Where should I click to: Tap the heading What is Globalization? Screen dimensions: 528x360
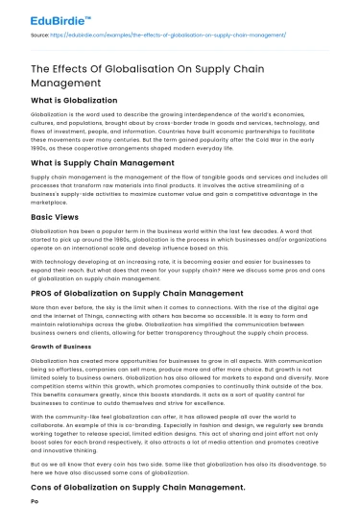[x=73, y=100]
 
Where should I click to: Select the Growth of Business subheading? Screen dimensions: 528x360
[x=64, y=344]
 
